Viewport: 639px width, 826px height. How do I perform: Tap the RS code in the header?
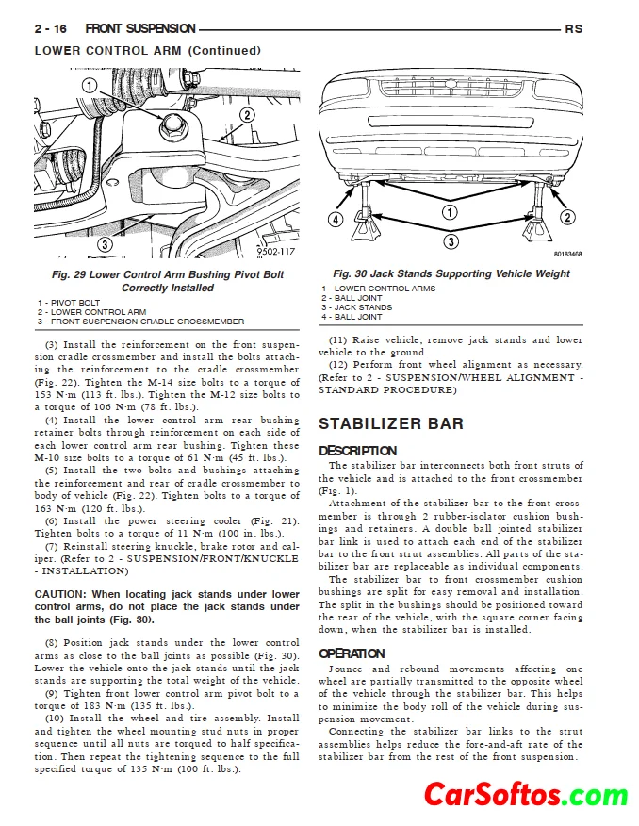pyautogui.click(x=574, y=29)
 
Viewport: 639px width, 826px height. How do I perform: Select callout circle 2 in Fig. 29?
pyautogui.click(x=247, y=116)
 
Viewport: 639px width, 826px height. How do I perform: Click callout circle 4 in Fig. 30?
pyautogui.click(x=335, y=220)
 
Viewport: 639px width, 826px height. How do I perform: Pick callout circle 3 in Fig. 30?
pyautogui.click(x=451, y=242)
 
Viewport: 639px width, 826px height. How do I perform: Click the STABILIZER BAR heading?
pyautogui.click(x=391, y=423)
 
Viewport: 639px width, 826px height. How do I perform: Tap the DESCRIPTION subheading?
pyautogui.click(x=357, y=451)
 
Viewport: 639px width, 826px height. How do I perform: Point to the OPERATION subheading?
pyautogui.click(x=352, y=653)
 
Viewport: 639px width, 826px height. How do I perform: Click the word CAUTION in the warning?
pyautogui.click(x=60, y=594)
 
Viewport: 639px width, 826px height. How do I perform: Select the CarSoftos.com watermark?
pyautogui.click(x=525, y=795)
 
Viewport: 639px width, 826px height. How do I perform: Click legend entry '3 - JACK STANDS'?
pyautogui.click(x=357, y=307)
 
